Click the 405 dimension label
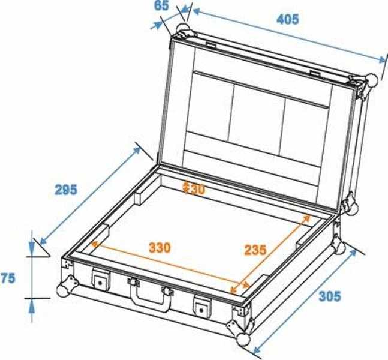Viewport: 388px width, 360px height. [x=287, y=19]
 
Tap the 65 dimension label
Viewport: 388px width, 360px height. [x=161, y=5]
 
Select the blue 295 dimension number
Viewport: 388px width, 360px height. [x=66, y=190]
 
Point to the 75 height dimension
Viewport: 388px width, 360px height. [x=7, y=278]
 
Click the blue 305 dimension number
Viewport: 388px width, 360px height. [x=330, y=296]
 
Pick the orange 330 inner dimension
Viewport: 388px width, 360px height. [x=160, y=247]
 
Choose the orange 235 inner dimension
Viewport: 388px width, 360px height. [x=255, y=250]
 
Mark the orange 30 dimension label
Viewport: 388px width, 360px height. [x=195, y=189]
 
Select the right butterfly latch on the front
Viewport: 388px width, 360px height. [x=202, y=307]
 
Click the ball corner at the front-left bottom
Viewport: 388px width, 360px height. [x=64, y=290]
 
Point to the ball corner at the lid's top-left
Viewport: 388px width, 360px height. [x=184, y=29]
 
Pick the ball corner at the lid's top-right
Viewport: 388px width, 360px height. [x=371, y=80]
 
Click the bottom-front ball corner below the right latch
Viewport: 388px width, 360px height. [x=243, y=339]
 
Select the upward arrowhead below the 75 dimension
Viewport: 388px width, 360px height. [x=31, y=308]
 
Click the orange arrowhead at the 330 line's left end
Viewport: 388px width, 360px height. [x=95, y=244]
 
